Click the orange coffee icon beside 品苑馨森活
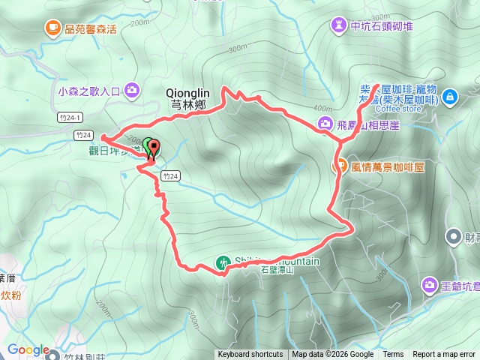[52, 28]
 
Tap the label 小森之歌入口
[88, 91]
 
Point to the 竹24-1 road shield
[67, 117]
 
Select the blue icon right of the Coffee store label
[449, 96]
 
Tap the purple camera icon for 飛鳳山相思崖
[325, 123]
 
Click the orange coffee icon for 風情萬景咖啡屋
[338, 166]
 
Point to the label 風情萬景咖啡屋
[388, 167]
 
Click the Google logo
[28, 350]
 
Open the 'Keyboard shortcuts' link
[250, 355]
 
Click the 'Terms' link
[393, 355]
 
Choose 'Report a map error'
[444, 355]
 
